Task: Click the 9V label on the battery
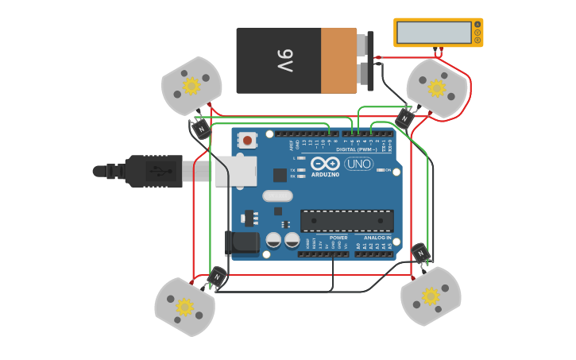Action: (284, 60)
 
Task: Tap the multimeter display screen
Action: (434, 33)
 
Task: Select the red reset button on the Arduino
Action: (247, 141)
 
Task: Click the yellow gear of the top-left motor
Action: (191, 85)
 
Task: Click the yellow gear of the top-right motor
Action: (436, 88)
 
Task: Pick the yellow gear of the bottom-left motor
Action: (184, 307)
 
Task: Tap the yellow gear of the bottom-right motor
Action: (430, 296)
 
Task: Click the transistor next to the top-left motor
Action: (201, 128)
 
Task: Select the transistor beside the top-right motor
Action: (404, 118)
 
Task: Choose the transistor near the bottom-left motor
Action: (216, 277)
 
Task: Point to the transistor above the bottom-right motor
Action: (420, 254)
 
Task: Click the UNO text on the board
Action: (358, 164)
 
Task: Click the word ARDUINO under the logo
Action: (325, 174)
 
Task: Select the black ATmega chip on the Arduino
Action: (347, 220)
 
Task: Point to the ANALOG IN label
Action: (377, 238)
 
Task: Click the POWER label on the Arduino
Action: (338, 238)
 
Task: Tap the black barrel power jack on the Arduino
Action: (242, 243)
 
